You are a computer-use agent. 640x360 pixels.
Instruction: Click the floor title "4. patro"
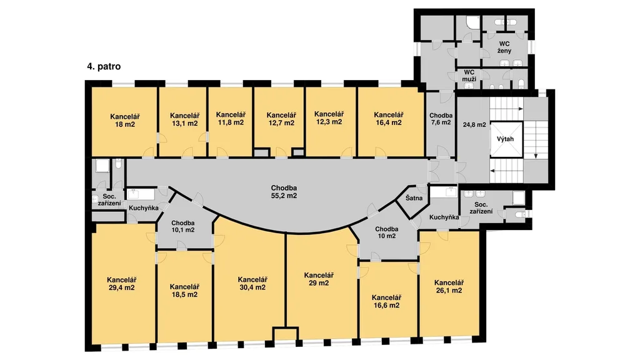(x=104, y=66)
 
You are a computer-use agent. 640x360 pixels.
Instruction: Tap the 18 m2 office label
(x=125, y=121)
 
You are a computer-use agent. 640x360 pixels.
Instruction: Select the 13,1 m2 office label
(x=184, y=119)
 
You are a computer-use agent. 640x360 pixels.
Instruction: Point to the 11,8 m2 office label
(x=231, y=118)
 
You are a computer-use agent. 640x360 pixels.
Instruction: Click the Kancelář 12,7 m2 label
(x=281, y=119)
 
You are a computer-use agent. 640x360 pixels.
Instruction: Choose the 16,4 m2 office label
(x=389, y=119)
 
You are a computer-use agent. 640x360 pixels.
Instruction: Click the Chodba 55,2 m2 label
(x=284, y=192)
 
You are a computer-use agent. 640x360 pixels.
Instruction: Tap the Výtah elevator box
(x=505, y=139)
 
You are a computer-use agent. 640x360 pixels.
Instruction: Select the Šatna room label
(x=414, y=198)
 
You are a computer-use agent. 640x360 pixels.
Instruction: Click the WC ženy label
(x=504, y=47)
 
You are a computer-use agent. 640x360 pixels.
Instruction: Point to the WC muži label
(x=469, y=76)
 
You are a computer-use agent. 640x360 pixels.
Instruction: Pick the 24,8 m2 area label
(x=474, y=125)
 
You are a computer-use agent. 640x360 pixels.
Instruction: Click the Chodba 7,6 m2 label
(x=441, y=119)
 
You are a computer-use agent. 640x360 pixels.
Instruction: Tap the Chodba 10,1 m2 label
(x=183, y=226)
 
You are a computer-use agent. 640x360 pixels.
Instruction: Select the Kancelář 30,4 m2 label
(x=252, y=283)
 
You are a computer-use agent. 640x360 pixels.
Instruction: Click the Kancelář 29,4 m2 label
(x=122, y=284)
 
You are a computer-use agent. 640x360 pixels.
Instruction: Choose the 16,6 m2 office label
(x=386, y=302)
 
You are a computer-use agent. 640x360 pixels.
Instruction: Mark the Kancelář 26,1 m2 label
(x=449, y=286)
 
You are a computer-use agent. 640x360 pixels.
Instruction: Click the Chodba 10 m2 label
(x=386, y=232)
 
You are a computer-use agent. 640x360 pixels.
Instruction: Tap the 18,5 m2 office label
(x=184, y=291)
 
